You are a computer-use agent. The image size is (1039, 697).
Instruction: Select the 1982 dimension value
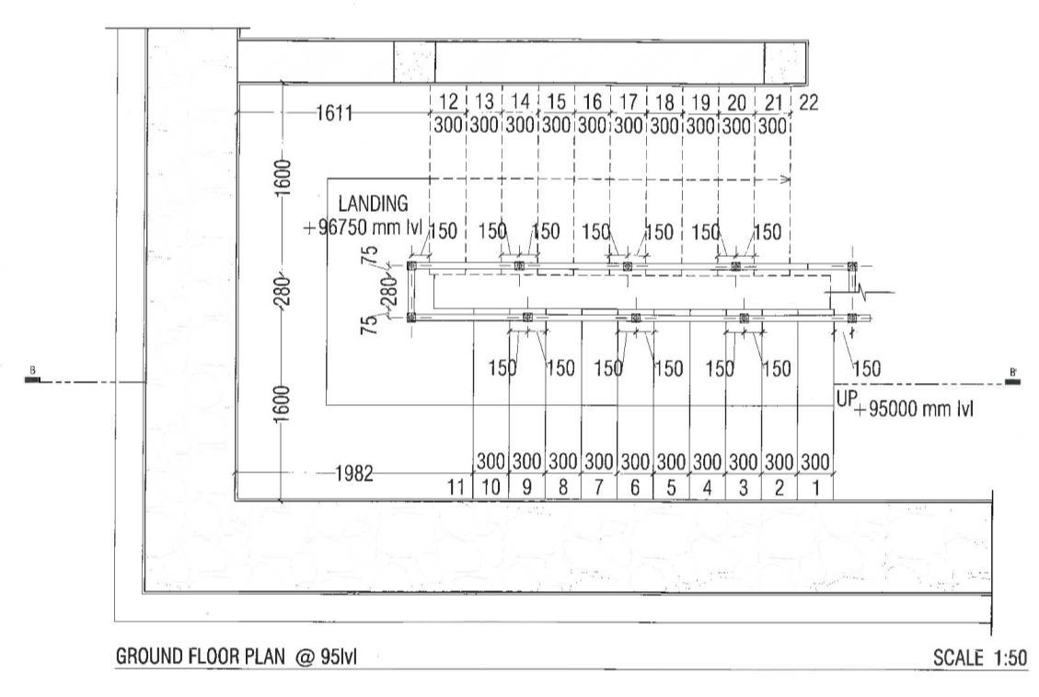click(x=353, y=474)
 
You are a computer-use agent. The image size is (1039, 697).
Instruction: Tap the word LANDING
click(x=373, y=203)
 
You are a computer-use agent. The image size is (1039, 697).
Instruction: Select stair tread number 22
click(x=809, y=102)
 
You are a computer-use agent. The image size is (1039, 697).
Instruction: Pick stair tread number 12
click(x=448, y=102)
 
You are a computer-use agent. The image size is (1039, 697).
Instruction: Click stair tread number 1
click(x=814, y=488)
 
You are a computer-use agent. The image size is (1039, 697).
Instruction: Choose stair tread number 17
click(x=629, y=102)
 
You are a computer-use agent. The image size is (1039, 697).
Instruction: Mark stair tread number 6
click(x=635, y=488)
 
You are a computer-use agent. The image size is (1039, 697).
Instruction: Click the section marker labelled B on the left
click(x=34, y=378)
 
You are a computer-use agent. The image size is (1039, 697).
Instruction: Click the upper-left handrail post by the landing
click(x=411, y=266)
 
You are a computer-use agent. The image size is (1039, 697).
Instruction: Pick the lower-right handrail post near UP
click(x=852, y=318)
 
